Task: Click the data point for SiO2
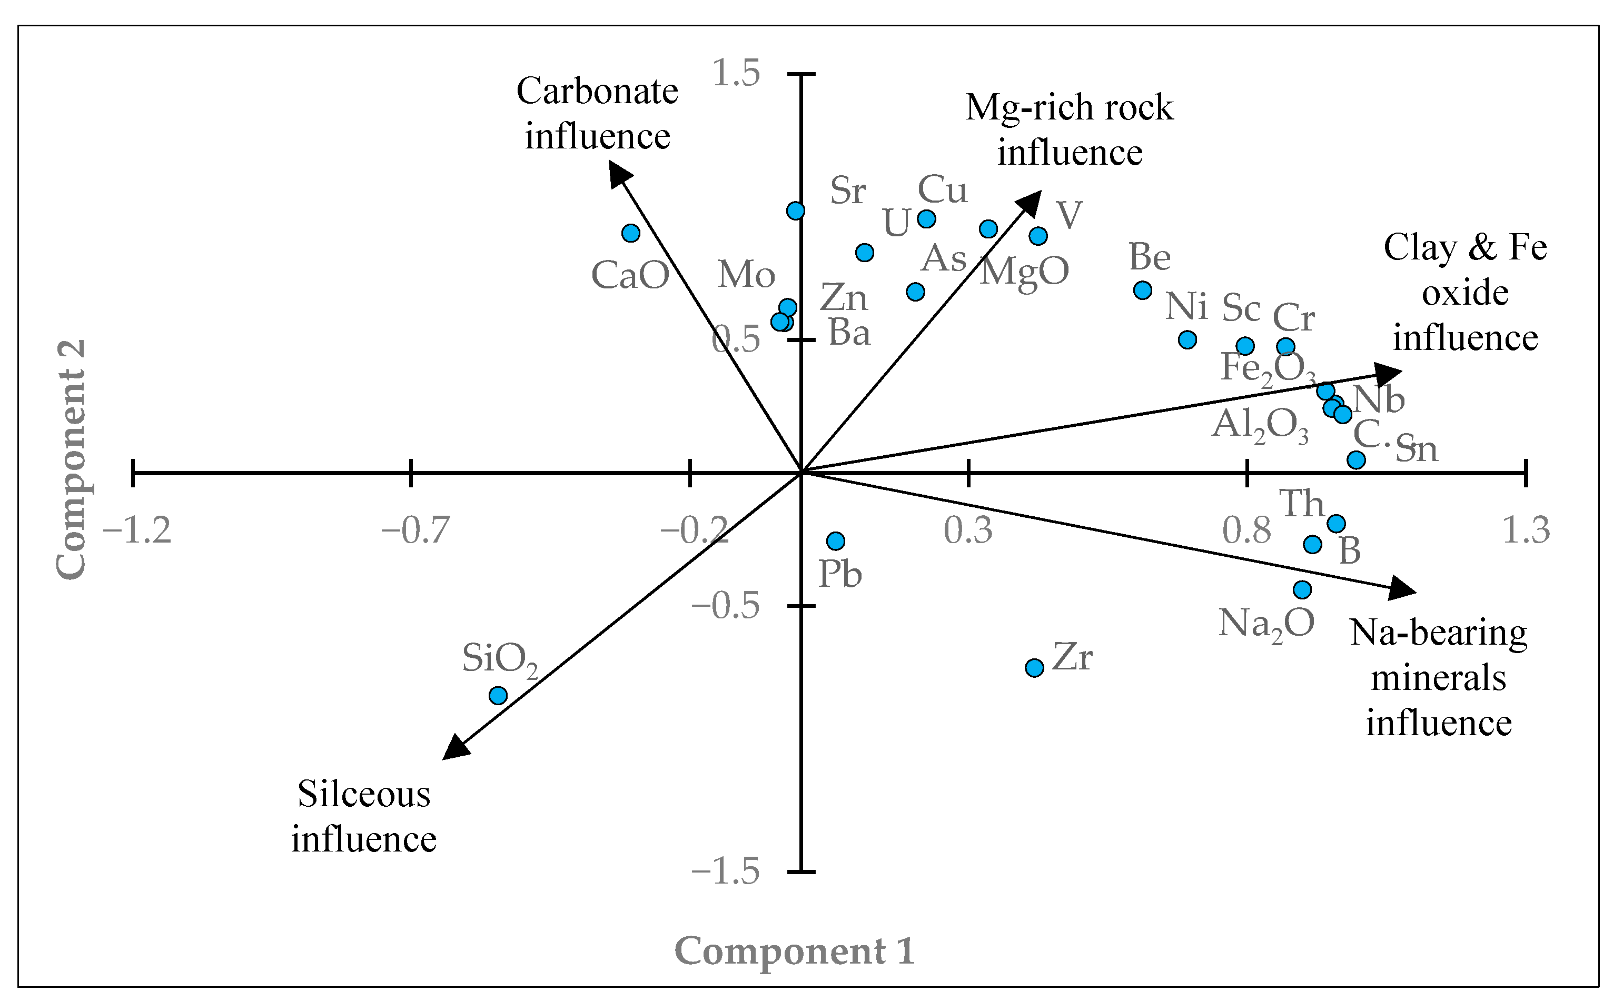pyautogui.click(x=498, y=696)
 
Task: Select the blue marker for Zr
pyautogui.click(x=1034, y=667)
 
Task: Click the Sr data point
pyautogui.click(x=796, y=211)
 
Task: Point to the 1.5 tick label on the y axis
pyautogui.click(x=736, y=73)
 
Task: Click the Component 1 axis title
pyautogui.click(x=794, y=951)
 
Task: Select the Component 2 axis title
pyautogui.click(x=72, y=459)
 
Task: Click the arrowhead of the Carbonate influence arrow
pyautogui.click(x=619, y=175)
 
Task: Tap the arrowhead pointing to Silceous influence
pyautogui.click(x=456, y=747)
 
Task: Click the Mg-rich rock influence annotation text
pyautogui.click(x=1070, y=130)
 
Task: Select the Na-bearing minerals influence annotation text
pyautogui.click(x=1438, y=677)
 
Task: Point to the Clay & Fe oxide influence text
pyautogui.click(x=1465, y=292)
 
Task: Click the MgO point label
pyautogui.click(x=1024, y=271)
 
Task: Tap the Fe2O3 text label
pyautogui.click(x=1268, y=368)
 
